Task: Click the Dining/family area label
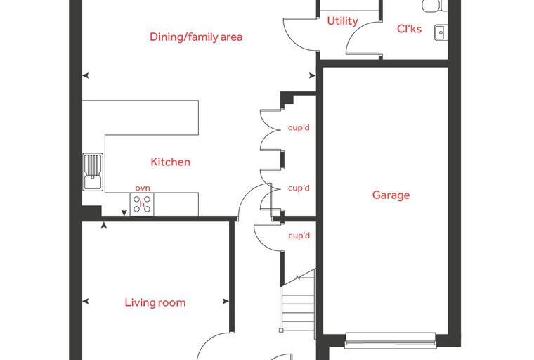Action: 196,37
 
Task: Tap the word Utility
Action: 342,21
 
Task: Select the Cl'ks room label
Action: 409,29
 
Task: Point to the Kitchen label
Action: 170,162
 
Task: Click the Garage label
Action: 391,195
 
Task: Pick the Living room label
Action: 155,302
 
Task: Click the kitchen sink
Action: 93,172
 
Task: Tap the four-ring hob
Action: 142,204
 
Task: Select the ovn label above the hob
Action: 143,188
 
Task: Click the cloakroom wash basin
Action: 441,33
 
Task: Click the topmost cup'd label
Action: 299,128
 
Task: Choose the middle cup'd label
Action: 299,188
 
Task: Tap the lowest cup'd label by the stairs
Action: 299,236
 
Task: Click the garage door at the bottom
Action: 390,341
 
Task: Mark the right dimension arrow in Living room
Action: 226,301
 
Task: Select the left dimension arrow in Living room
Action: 86,301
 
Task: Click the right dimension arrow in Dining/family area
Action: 312,75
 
